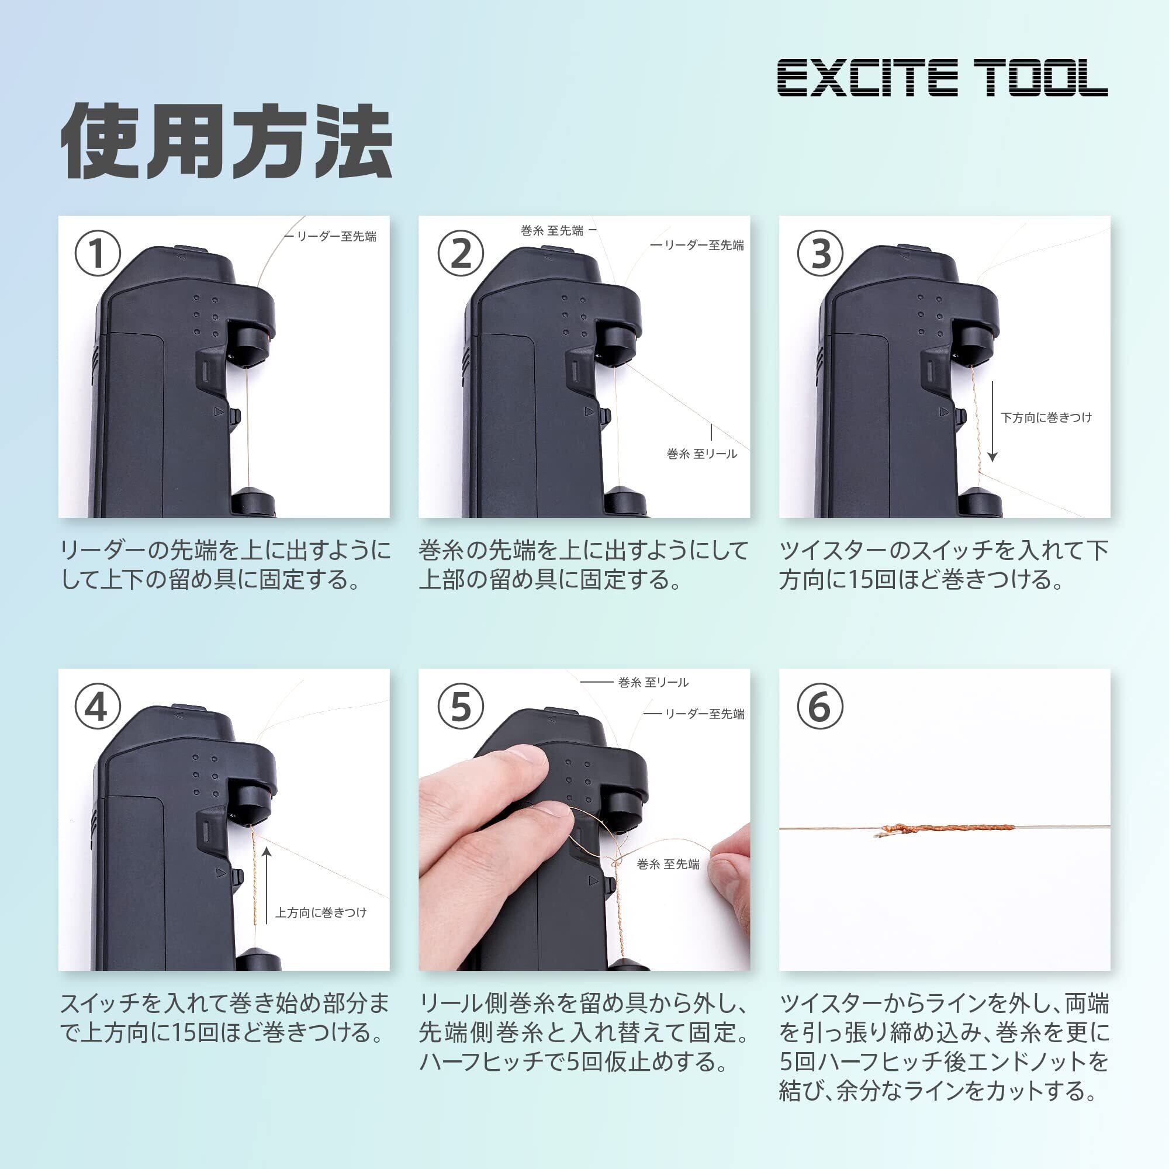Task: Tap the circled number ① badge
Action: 98,254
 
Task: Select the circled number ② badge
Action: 461,254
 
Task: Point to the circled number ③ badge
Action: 821,254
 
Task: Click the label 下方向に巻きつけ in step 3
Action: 1046,417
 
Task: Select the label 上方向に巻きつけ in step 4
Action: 321,912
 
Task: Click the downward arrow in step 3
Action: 992,420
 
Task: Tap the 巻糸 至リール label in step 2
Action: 702,454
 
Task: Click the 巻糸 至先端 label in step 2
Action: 552,230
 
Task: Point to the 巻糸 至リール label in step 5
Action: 653,683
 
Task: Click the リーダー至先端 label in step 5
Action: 704,714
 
